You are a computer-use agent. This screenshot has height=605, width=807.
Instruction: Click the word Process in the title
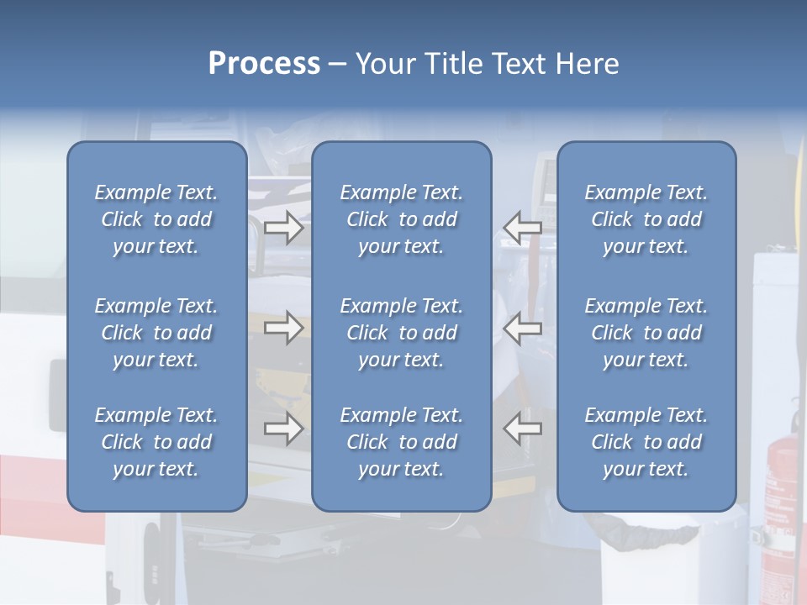tap(264, 64)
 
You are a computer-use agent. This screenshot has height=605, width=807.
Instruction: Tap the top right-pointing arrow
tap(284, 227)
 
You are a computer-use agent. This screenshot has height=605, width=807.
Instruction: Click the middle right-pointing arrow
tap(284, 328)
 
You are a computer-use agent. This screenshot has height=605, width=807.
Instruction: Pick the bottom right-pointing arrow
tap(284, 429)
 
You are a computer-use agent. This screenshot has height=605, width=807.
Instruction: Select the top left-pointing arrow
tap(522, 227)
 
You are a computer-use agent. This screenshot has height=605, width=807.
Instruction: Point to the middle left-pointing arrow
tap(522, 328)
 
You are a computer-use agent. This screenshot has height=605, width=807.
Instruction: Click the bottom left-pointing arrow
tap(522, 429)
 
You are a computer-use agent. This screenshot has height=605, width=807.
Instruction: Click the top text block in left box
tap(156, 219)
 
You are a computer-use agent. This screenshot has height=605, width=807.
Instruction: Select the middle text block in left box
tap(156, 333)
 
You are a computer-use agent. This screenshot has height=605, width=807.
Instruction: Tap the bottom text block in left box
tap(156, 442)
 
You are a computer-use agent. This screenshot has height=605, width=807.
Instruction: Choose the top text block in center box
tap(401, 219)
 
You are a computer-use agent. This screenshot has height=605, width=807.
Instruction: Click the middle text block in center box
tap(401, 333)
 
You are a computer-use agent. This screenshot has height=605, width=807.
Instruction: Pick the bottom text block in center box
tap(401, 442)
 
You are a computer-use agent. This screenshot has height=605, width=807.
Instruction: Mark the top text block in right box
tap(646, 219)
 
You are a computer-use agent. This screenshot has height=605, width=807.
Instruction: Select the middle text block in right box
tap(646, 333)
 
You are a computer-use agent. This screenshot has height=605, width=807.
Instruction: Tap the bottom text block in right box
tap(646, 442)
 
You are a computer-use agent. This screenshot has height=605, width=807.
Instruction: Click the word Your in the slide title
tap(384, 64)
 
